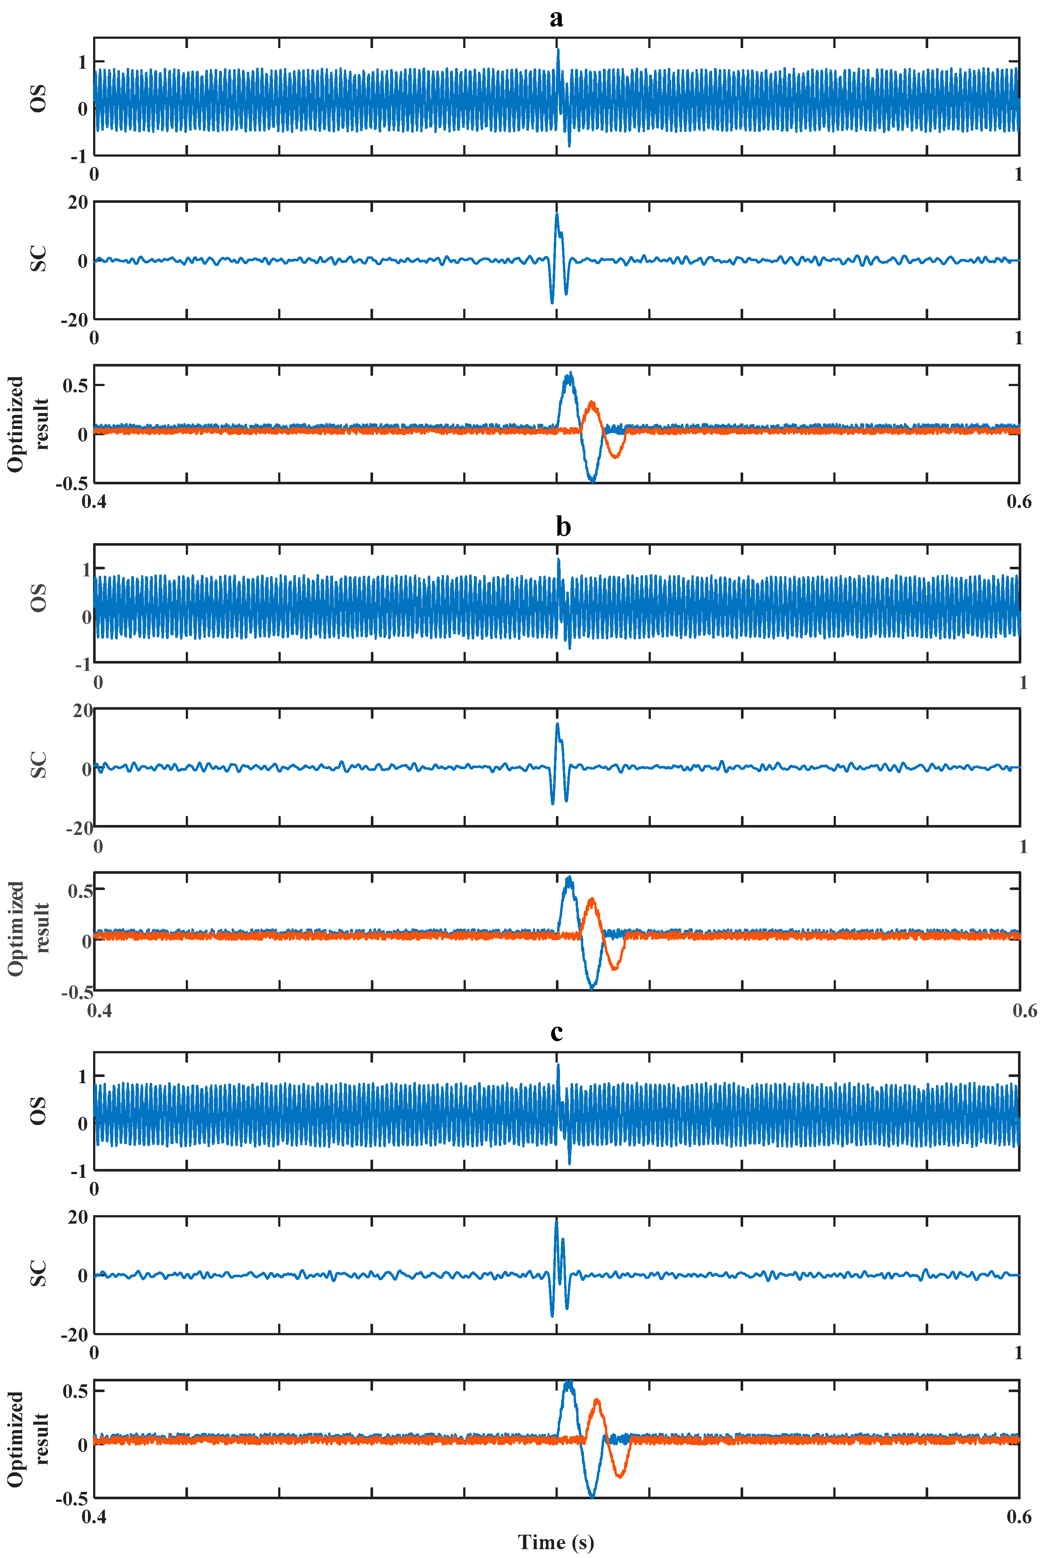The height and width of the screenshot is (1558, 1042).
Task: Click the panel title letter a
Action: click(x=556, y=18)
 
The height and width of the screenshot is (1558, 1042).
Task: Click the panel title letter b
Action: click(x=563, y=527)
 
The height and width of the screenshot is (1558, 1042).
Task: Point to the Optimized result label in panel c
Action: click(x=28, y=1439)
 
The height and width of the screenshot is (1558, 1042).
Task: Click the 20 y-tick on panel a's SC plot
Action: click(x=78, y=203)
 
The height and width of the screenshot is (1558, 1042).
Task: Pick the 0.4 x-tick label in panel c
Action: click(x=94, y=1517)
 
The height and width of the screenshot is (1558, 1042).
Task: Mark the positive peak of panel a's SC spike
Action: click(x=557, y=214)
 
